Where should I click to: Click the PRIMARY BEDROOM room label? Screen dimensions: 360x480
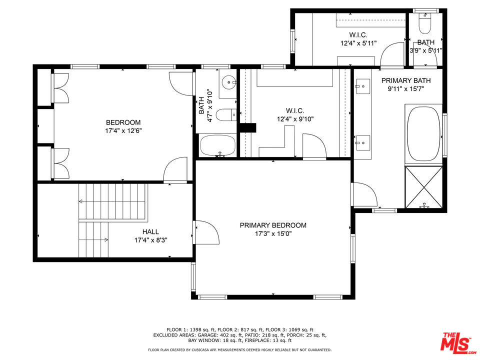coord(272,225)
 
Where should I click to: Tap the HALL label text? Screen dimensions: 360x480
coord(150,231)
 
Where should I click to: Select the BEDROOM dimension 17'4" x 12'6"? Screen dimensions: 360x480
coord(123,131)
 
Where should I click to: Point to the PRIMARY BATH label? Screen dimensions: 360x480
coord(405,80)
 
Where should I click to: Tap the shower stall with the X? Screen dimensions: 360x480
coord(423,187)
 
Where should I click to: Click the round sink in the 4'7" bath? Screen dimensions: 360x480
coord(229,80)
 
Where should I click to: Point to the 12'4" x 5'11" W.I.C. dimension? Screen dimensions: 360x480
coord(358,43)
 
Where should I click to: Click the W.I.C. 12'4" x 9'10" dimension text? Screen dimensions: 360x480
coord(295,119)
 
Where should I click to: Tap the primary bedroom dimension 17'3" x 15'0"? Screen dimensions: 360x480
coord(272,234)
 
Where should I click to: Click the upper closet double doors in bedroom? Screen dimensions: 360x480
coord(60,88)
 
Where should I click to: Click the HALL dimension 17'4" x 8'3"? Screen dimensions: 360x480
coord(150,240)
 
